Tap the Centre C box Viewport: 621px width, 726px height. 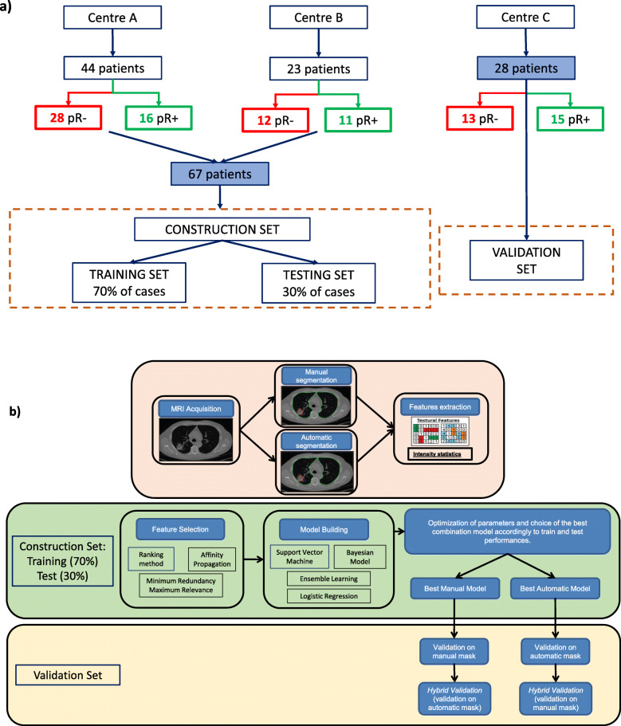(x=525, y=16)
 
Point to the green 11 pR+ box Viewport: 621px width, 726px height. (x=360, y=121)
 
